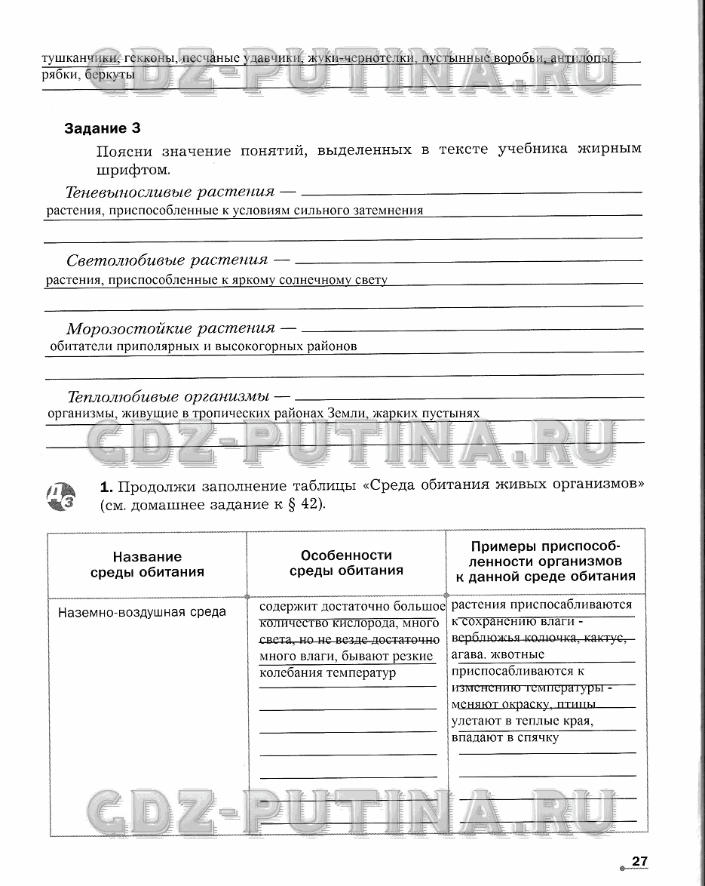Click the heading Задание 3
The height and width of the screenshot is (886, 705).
pyautogui.click(x=103, y=128)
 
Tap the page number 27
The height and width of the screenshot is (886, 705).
pyautogui.click(x=640, y=861)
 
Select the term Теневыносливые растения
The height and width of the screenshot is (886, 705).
pyautogui.click(x=170, y=191)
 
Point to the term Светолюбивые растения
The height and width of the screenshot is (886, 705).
pyautogui.click(x=167, y=260)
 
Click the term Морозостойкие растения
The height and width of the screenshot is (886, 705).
pyautogui.click(x=171, y=328)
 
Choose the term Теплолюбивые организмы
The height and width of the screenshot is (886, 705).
pyautogui.click(x=169, y=396)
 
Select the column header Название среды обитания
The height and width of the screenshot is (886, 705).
pyautogui.click(x=148, y=564)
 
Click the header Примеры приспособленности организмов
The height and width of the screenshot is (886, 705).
pyautogui.click(x=546, y=562)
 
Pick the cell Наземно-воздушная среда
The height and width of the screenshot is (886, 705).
pyautogui.click(x=142, y=612)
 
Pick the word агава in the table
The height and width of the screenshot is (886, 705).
pyautogui.click(x=467, y=654)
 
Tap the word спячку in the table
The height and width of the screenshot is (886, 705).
pyautogui.click(x=536, y=737)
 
